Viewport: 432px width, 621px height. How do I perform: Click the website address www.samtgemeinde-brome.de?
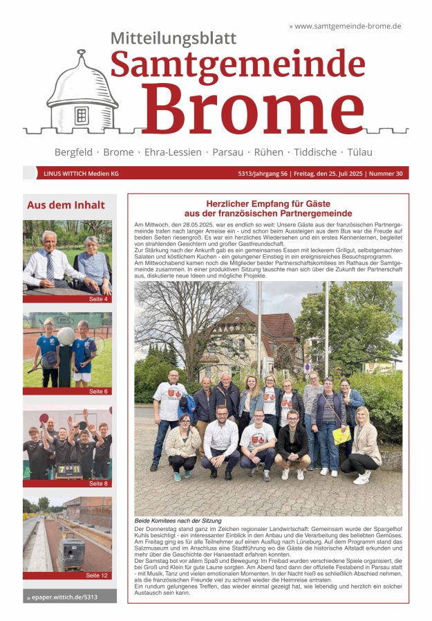coord(347,26)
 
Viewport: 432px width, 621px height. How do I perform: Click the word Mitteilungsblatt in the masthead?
coord(173,39)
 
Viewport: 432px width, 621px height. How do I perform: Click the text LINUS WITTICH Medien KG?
coord(81,174)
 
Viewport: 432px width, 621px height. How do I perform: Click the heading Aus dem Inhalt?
coord(66,205)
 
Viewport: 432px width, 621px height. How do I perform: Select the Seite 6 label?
coord(98,391)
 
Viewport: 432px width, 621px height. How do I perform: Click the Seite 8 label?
coord(98,483)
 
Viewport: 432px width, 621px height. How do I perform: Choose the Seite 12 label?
coord(97,575)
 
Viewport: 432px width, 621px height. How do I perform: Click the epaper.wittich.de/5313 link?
coord(64,596)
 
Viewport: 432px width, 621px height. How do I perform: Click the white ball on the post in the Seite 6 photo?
coord(66,336)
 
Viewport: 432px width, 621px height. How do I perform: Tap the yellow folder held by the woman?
coord(341,435)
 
